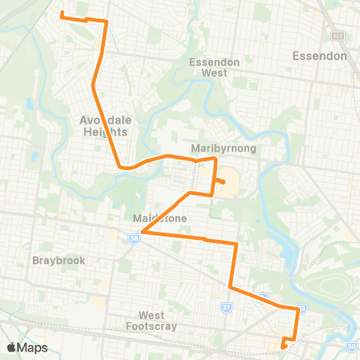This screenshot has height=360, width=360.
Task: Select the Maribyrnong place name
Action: pos(223,148)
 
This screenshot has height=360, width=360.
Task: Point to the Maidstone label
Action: pos(159,218)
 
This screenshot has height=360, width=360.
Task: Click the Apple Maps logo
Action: pos(27,347)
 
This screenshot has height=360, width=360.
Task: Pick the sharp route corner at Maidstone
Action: pos(142,232)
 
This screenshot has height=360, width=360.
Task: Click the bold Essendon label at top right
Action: pos(319,56)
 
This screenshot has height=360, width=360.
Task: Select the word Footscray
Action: pos(157,326)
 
